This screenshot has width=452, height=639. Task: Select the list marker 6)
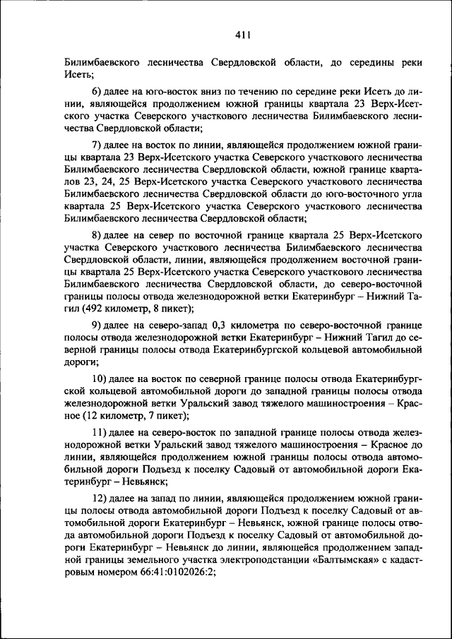pyautogui.click(x=98, y=92)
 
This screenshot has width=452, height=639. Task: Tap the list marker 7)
pyautogui.click(x=98, y=143)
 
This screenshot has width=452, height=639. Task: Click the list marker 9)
pyautogui.click(x=98, y=324)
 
